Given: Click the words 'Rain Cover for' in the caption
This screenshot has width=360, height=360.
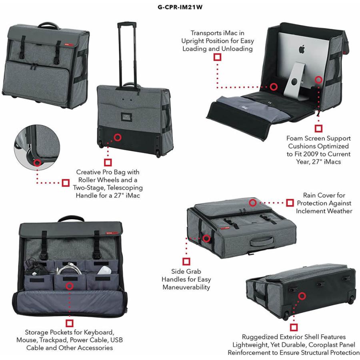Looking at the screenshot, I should tap(324, 195).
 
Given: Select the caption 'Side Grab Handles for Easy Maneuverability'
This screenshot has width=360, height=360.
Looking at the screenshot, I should tap(186, 279).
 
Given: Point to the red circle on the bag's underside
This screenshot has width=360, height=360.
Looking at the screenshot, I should tap(302, 296).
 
